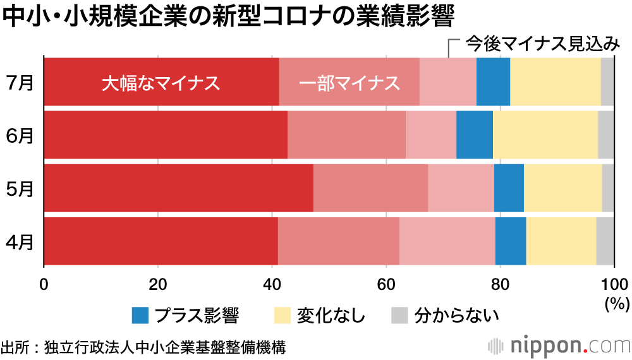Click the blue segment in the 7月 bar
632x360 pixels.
493,81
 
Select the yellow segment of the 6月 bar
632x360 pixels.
545,135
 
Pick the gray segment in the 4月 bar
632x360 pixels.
605,241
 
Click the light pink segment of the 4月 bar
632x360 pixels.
447,241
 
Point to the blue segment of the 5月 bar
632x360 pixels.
509,189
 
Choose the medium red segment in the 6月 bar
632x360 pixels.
346,135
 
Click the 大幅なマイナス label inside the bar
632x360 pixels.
161,83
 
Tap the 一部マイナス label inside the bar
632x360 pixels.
349,83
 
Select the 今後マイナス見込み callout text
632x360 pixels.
542,44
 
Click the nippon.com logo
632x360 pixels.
560,346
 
